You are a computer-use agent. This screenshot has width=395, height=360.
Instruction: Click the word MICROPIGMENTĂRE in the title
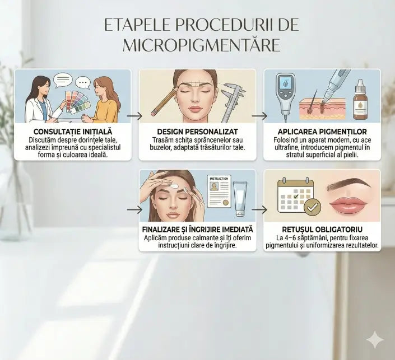coord(201,45)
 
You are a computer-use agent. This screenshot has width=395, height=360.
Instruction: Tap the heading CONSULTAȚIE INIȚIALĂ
coord(73,132)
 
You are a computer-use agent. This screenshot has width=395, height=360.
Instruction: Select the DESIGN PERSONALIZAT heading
coord(197,132)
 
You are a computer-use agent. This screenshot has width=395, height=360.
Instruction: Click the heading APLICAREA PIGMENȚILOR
coord(322,132)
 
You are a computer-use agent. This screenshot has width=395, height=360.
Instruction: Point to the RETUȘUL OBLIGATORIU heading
coord(322,230)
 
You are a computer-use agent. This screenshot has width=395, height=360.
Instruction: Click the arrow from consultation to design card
coord(134,116)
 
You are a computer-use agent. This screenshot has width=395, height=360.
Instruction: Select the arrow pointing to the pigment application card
coord(259,116)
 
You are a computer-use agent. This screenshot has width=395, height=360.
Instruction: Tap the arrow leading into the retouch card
coord(259,209)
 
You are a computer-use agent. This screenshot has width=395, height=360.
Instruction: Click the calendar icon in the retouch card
coord(295,195)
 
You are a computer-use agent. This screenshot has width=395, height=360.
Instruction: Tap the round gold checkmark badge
coord(313,207)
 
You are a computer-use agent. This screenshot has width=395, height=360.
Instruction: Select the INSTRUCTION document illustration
coord(219,191)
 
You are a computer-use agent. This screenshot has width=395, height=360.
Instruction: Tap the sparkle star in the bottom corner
coord(375,340)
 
